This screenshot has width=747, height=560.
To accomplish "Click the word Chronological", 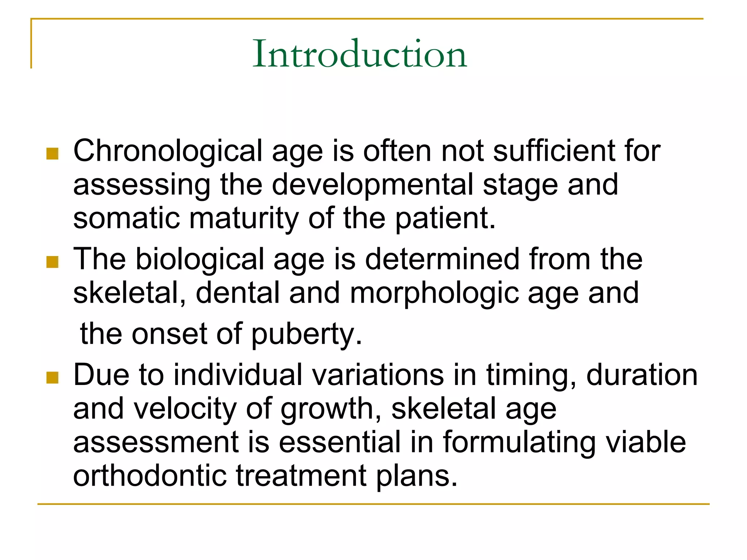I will (x=167, y=151).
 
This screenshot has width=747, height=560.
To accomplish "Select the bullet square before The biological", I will (x=53, y=262).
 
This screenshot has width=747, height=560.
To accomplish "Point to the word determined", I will (x=442, y=259).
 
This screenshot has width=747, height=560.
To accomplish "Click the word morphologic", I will (x=434, y=293).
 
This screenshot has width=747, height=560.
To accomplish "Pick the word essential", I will (x=340, y=442).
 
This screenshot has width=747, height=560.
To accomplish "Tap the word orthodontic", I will (x=150, y=475).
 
